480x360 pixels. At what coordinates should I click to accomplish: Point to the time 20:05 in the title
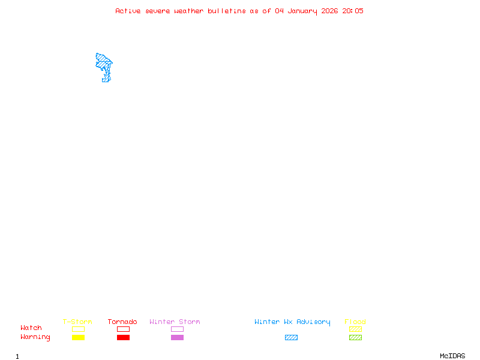tap(353, 11)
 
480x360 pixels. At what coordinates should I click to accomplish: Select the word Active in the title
tap(128, 11)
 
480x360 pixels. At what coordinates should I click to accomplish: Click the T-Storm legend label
tap(77, 322)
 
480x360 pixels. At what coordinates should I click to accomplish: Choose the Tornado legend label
tap(122, 322)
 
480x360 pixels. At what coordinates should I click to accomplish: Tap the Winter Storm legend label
tap(175, 322)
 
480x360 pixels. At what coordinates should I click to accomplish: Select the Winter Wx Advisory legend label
tap(292, 322)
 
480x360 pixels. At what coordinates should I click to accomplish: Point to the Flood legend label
tap(355, 322)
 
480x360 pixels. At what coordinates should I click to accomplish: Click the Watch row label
tap(31, 328)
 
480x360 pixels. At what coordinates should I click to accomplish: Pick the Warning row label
tap(35, 337)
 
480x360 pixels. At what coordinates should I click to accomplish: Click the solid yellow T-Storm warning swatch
tap(78, 338)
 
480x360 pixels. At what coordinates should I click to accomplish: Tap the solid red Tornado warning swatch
tap(123, 338)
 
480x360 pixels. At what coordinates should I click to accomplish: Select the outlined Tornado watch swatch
tap(123, 329)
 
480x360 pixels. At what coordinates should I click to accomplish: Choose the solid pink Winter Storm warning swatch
tap(177, 338)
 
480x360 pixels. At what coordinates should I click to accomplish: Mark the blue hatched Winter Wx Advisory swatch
tap(291, 338)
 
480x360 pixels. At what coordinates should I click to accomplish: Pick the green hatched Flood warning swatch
tap(355, 338)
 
